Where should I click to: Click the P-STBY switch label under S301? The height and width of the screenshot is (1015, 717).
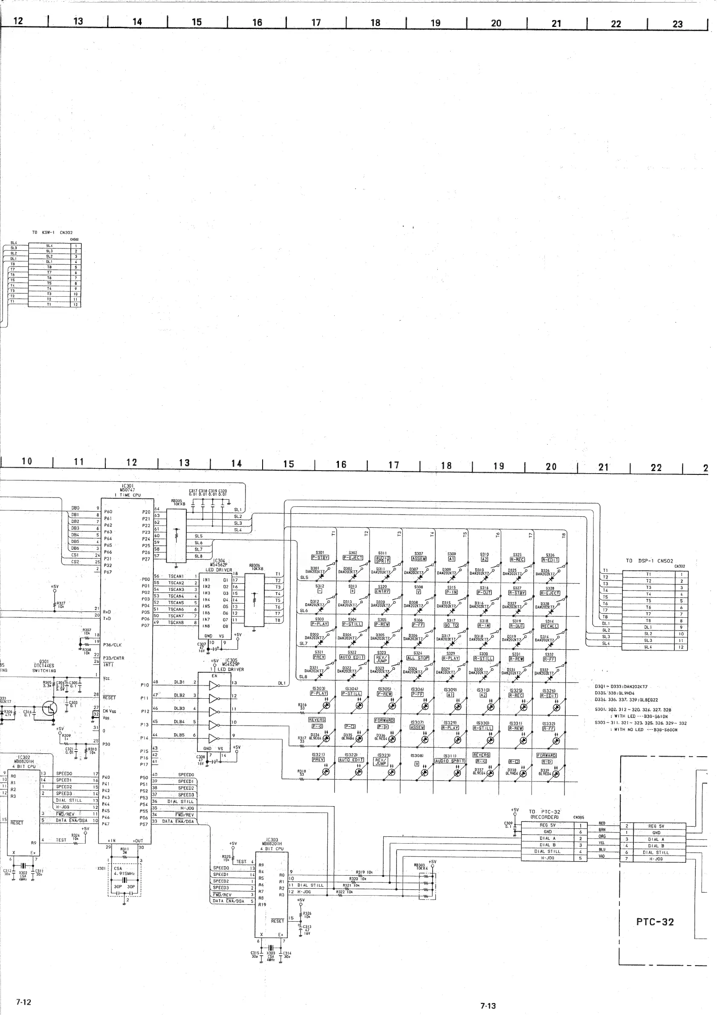320,558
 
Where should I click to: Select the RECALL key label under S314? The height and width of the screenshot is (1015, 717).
549,626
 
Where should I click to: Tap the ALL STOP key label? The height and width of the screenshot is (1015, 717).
418,658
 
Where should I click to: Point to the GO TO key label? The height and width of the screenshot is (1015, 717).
451,625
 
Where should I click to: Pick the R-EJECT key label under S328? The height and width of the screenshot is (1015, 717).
550,593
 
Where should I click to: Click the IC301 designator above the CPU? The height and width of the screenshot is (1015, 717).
127,486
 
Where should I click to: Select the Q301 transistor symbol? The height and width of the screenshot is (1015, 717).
49,708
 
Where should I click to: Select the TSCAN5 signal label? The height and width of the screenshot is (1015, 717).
176,602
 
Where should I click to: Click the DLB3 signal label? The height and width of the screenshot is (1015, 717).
179,708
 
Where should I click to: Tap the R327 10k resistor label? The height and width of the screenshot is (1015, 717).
61,605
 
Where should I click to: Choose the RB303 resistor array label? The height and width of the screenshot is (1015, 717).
419,866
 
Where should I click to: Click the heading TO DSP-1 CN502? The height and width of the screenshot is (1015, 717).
649,561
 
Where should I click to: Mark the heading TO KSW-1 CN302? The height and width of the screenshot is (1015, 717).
52,232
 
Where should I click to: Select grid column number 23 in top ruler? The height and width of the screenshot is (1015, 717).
677,24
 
